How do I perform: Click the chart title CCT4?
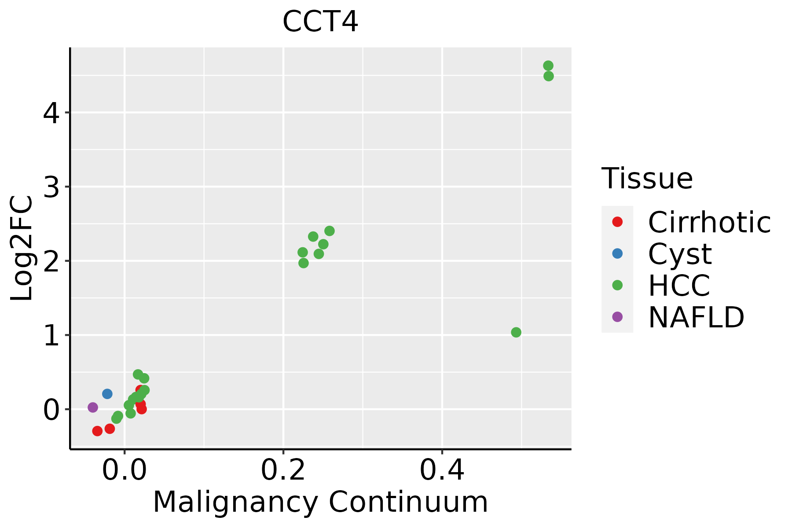click(320, 22)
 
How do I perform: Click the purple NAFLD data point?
click(93, 407)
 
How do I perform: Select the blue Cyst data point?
click(107, 394)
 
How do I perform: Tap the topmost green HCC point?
click(548, 66)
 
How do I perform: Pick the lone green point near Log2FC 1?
click(516, 332)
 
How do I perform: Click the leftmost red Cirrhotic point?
click(97, 431)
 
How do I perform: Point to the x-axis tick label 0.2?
click(283, 471)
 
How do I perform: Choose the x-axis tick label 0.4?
click(442, 471)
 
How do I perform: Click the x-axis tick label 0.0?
click(125, 471)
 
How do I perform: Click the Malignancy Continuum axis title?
click(320, 502)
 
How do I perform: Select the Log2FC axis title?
click(22, 248)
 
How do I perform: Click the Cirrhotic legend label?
click(709, 222)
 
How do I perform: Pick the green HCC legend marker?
click(617, 285)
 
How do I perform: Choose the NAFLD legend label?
click(696, 317)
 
